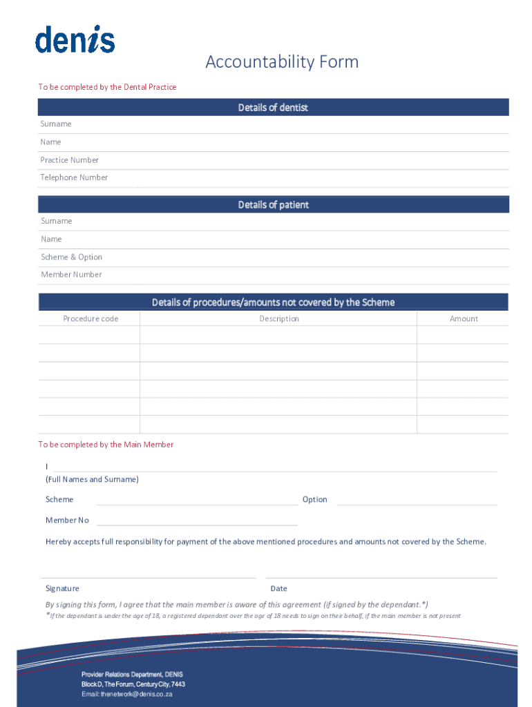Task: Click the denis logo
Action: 75,40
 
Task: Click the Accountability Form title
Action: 282,62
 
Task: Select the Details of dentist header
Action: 273,108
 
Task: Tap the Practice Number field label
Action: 69,160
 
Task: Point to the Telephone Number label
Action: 74,177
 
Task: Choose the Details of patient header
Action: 273,205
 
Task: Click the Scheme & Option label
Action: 71,257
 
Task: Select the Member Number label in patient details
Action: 71,275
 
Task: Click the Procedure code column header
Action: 91,319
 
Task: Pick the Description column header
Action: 279,319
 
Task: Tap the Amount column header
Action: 464,319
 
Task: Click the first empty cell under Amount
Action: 463,335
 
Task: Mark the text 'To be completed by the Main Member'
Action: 106,445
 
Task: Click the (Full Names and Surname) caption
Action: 92,479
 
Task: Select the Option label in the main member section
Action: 314,499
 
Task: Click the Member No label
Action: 67,520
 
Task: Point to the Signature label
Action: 62,588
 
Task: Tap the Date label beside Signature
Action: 278,588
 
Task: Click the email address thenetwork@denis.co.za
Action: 136,694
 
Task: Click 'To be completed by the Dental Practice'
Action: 107,87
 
